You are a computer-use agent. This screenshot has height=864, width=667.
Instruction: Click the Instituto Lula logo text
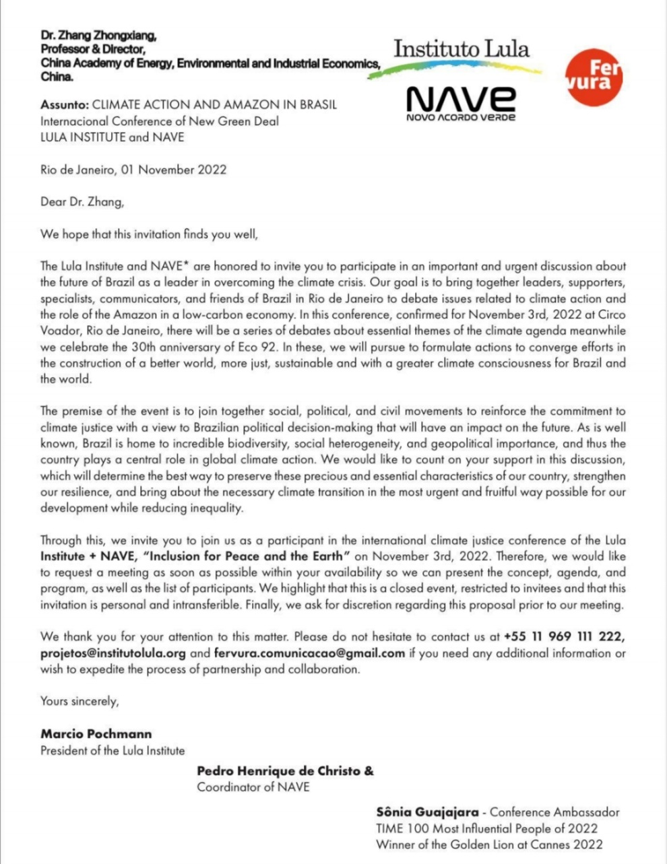(x=461, y=49)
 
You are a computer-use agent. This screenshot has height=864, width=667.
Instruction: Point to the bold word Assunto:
(x=65, y=105)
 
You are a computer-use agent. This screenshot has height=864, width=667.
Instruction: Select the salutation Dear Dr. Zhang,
(x=82, y=201)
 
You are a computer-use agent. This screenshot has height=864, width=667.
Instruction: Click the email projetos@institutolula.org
(x=113, y=653)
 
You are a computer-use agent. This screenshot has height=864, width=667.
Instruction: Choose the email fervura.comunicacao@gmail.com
(x=309, y=653)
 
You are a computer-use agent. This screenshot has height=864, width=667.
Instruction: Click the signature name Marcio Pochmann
(x=96, y=734)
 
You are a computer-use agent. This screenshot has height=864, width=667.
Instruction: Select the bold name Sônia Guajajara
(x=428, y=812)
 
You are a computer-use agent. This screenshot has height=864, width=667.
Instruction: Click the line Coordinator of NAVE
(x=253, y=787)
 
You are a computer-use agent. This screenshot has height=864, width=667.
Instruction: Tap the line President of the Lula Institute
(x=113, y=750)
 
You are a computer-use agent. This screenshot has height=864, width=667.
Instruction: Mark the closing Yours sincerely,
(x=80, y=701)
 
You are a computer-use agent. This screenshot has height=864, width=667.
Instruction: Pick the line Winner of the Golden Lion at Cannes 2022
(x=489, y=844)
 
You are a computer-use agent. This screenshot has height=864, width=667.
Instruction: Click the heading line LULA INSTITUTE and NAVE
(x=112, y=137)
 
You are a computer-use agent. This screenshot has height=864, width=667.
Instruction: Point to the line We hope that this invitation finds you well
(x=149, y=234)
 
